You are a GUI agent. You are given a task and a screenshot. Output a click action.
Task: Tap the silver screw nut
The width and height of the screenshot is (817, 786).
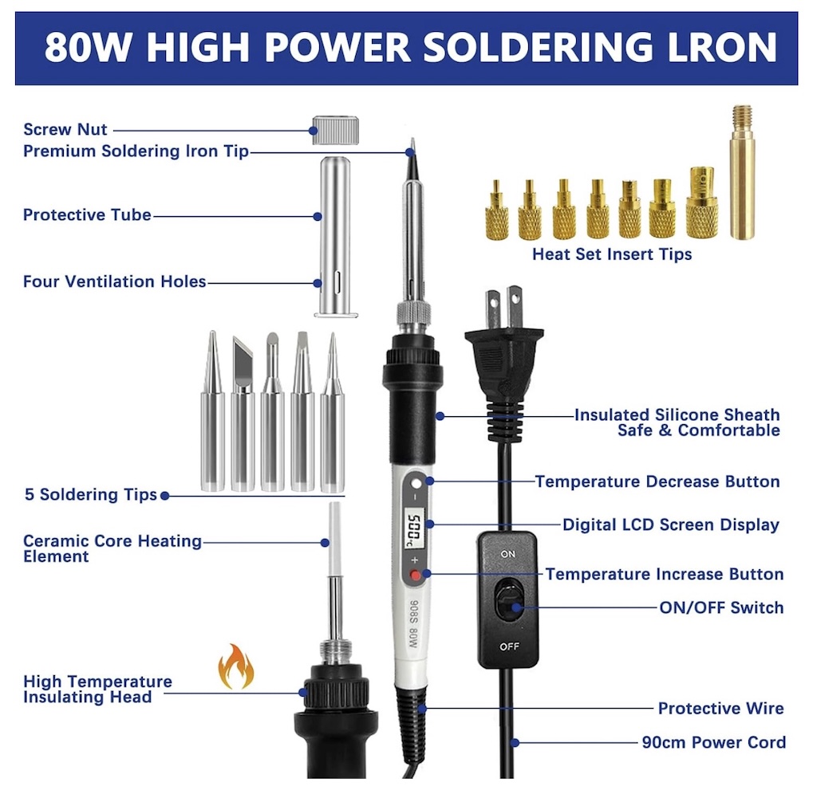[x=334, y=129]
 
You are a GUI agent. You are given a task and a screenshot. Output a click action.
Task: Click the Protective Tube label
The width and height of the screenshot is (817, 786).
[x=87, y=215]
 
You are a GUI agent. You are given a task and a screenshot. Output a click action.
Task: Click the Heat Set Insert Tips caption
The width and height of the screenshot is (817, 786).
[x=612, y=255]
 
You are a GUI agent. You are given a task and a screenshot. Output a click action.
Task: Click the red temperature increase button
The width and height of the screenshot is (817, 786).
[x=415, y=576]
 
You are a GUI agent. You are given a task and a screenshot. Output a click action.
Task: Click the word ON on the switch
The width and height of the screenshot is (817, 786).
[x=508, y=553]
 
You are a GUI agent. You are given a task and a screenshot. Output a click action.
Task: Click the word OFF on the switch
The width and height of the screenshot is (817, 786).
[x=509, y=646]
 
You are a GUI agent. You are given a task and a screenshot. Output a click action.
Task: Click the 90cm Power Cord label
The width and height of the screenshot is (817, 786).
[x=713, y=742]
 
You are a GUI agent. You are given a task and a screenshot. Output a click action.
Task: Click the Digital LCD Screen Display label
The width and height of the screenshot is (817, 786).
[x=670, y=525]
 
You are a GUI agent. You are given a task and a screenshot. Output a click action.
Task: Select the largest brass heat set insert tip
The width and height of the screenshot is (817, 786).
[x=701, y=203]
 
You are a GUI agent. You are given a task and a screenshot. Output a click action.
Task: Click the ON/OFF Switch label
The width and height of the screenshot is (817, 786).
[x=720, y=607]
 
